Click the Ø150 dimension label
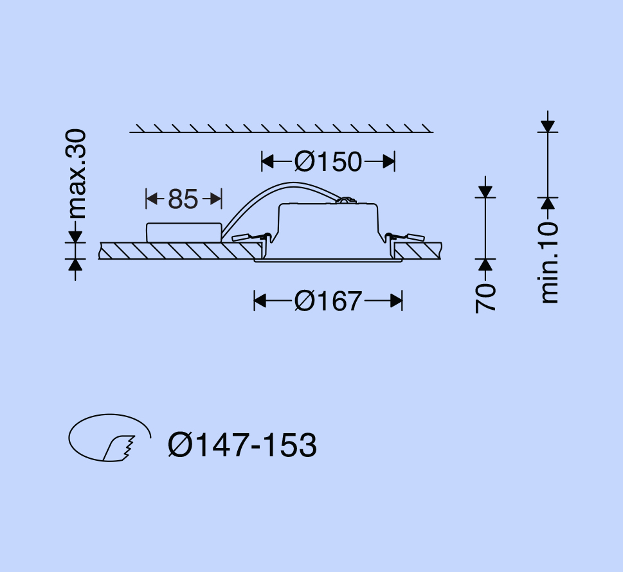pos(328,162)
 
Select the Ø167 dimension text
pos(328,301)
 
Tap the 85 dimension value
pos(183,199)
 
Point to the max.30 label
pos(75,174)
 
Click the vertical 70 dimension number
pos(485,298)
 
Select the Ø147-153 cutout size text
pos(242,445)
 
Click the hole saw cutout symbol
pos(110,438)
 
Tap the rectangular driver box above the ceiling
pos(184,233)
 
